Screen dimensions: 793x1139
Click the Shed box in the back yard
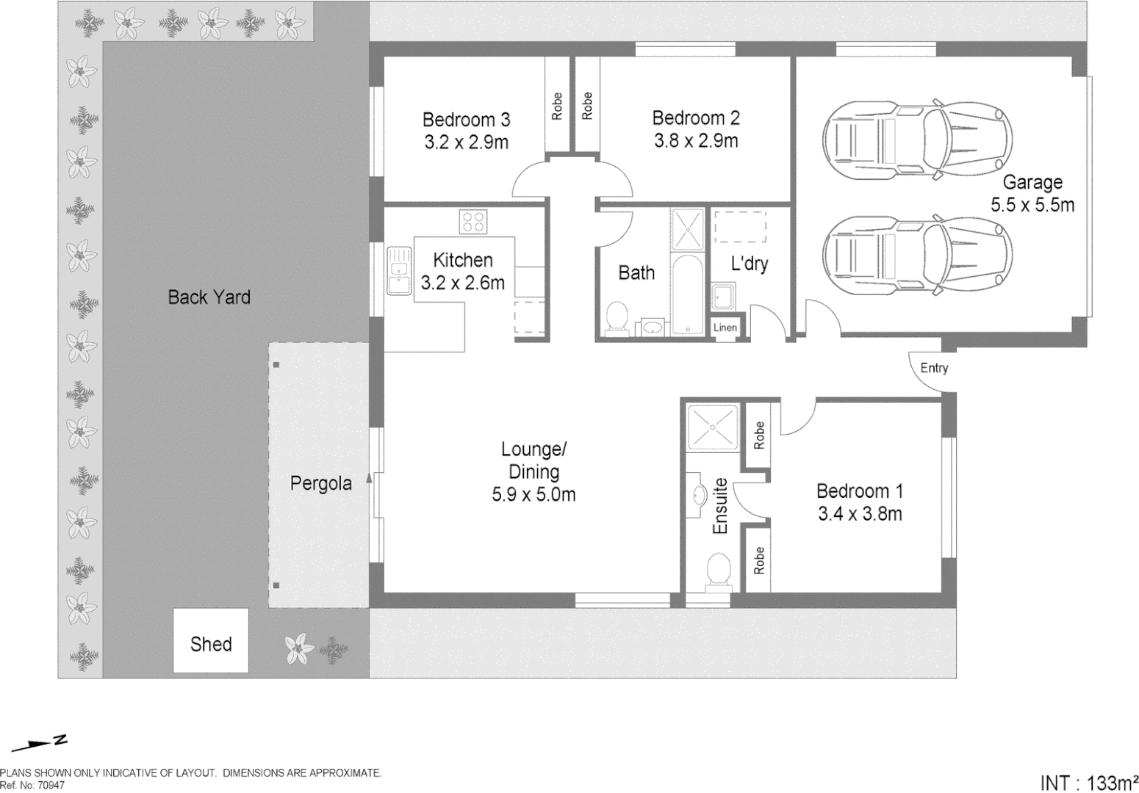[x=211, y=640]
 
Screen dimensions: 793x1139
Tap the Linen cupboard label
[x=725, y=327]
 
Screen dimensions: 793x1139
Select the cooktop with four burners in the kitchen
[x=473, y=221]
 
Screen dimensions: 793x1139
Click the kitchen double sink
[x=399, y=270]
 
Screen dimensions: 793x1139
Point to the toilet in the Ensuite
[x=717, y=571]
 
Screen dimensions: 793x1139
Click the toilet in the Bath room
[x=617, y=318]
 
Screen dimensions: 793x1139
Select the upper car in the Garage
[x=916, y=139]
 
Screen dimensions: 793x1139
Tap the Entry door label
[x=934, y=368]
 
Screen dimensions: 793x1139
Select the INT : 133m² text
[x=1088, y=782]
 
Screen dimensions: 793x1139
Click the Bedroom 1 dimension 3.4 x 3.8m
[x=860, y=514]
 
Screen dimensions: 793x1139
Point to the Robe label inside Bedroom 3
[x=557, y=106]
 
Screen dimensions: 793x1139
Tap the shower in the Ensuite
[x=711, y=426]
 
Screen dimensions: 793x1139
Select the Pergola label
[x=320, y=483]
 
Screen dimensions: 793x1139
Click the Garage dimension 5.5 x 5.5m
[x=1032, y=205]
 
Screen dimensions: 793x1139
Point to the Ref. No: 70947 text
[x=32, y=785]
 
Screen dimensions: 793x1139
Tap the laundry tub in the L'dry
[x=722, y=296]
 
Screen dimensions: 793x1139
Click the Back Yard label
[x=209, y=297]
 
